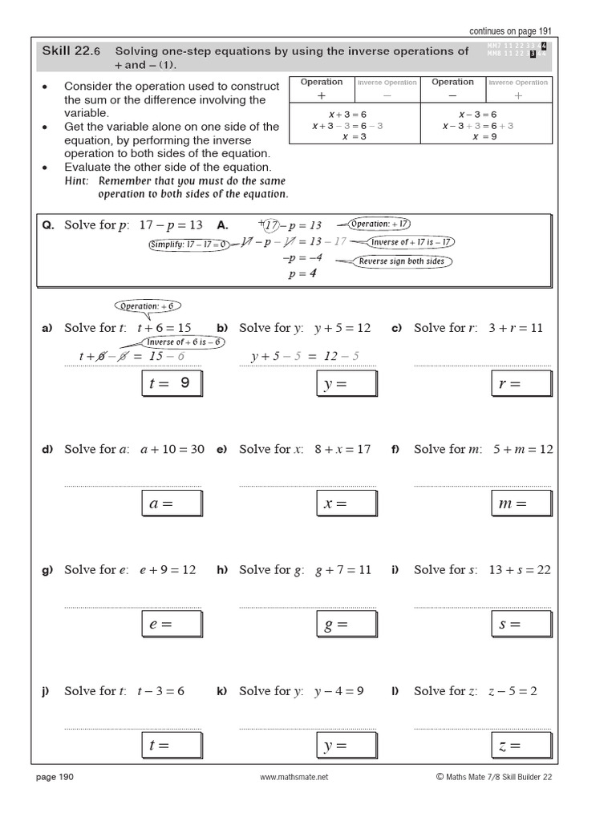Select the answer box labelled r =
click(521, 384)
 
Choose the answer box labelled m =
click(521, 504)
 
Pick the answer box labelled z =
click(521, 746)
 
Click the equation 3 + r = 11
click(514, 328)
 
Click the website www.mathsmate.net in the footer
click(295, 777)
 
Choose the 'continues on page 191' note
click(511, 30)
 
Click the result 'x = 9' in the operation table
click(485, 137)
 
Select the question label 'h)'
click(223, 570)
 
